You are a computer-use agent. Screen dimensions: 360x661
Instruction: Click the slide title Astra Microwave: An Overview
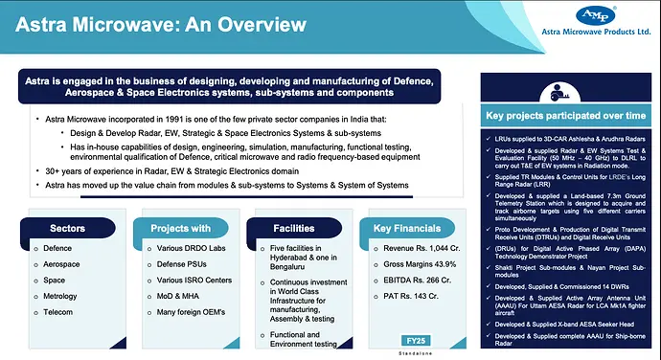(x=143, y=24)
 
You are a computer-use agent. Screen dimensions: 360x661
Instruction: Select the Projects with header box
(x=180, y=229)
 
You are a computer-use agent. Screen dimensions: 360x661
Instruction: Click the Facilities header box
(x=293, y=229)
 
